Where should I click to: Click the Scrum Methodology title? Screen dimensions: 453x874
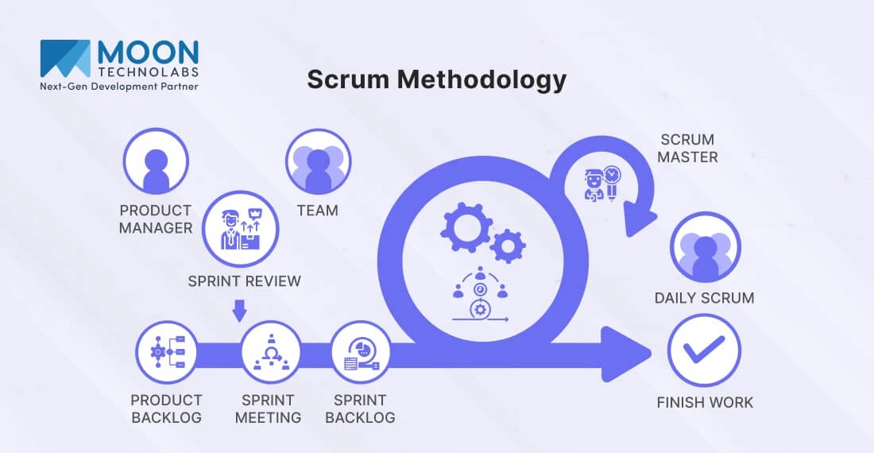point(436,79)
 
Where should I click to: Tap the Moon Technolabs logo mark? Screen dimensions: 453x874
point(65,58)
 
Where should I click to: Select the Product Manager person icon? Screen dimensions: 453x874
point(155,161)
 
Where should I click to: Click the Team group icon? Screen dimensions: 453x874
point(318,161)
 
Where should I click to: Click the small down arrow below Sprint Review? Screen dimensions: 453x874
point(241,310)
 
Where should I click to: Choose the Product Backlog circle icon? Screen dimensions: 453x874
point(166,351)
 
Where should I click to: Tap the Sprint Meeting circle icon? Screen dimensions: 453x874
point(271,351)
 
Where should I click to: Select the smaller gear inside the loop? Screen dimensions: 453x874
point(507,246)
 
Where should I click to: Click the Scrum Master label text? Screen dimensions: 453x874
point(687,149)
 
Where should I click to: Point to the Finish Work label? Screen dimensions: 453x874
point(705,402)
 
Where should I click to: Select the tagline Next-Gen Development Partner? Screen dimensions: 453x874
point(119,85)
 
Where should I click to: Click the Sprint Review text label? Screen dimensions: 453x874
point(244,281)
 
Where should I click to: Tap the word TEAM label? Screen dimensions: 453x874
point(317,211)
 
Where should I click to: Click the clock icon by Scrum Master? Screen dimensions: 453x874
point(612,175)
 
